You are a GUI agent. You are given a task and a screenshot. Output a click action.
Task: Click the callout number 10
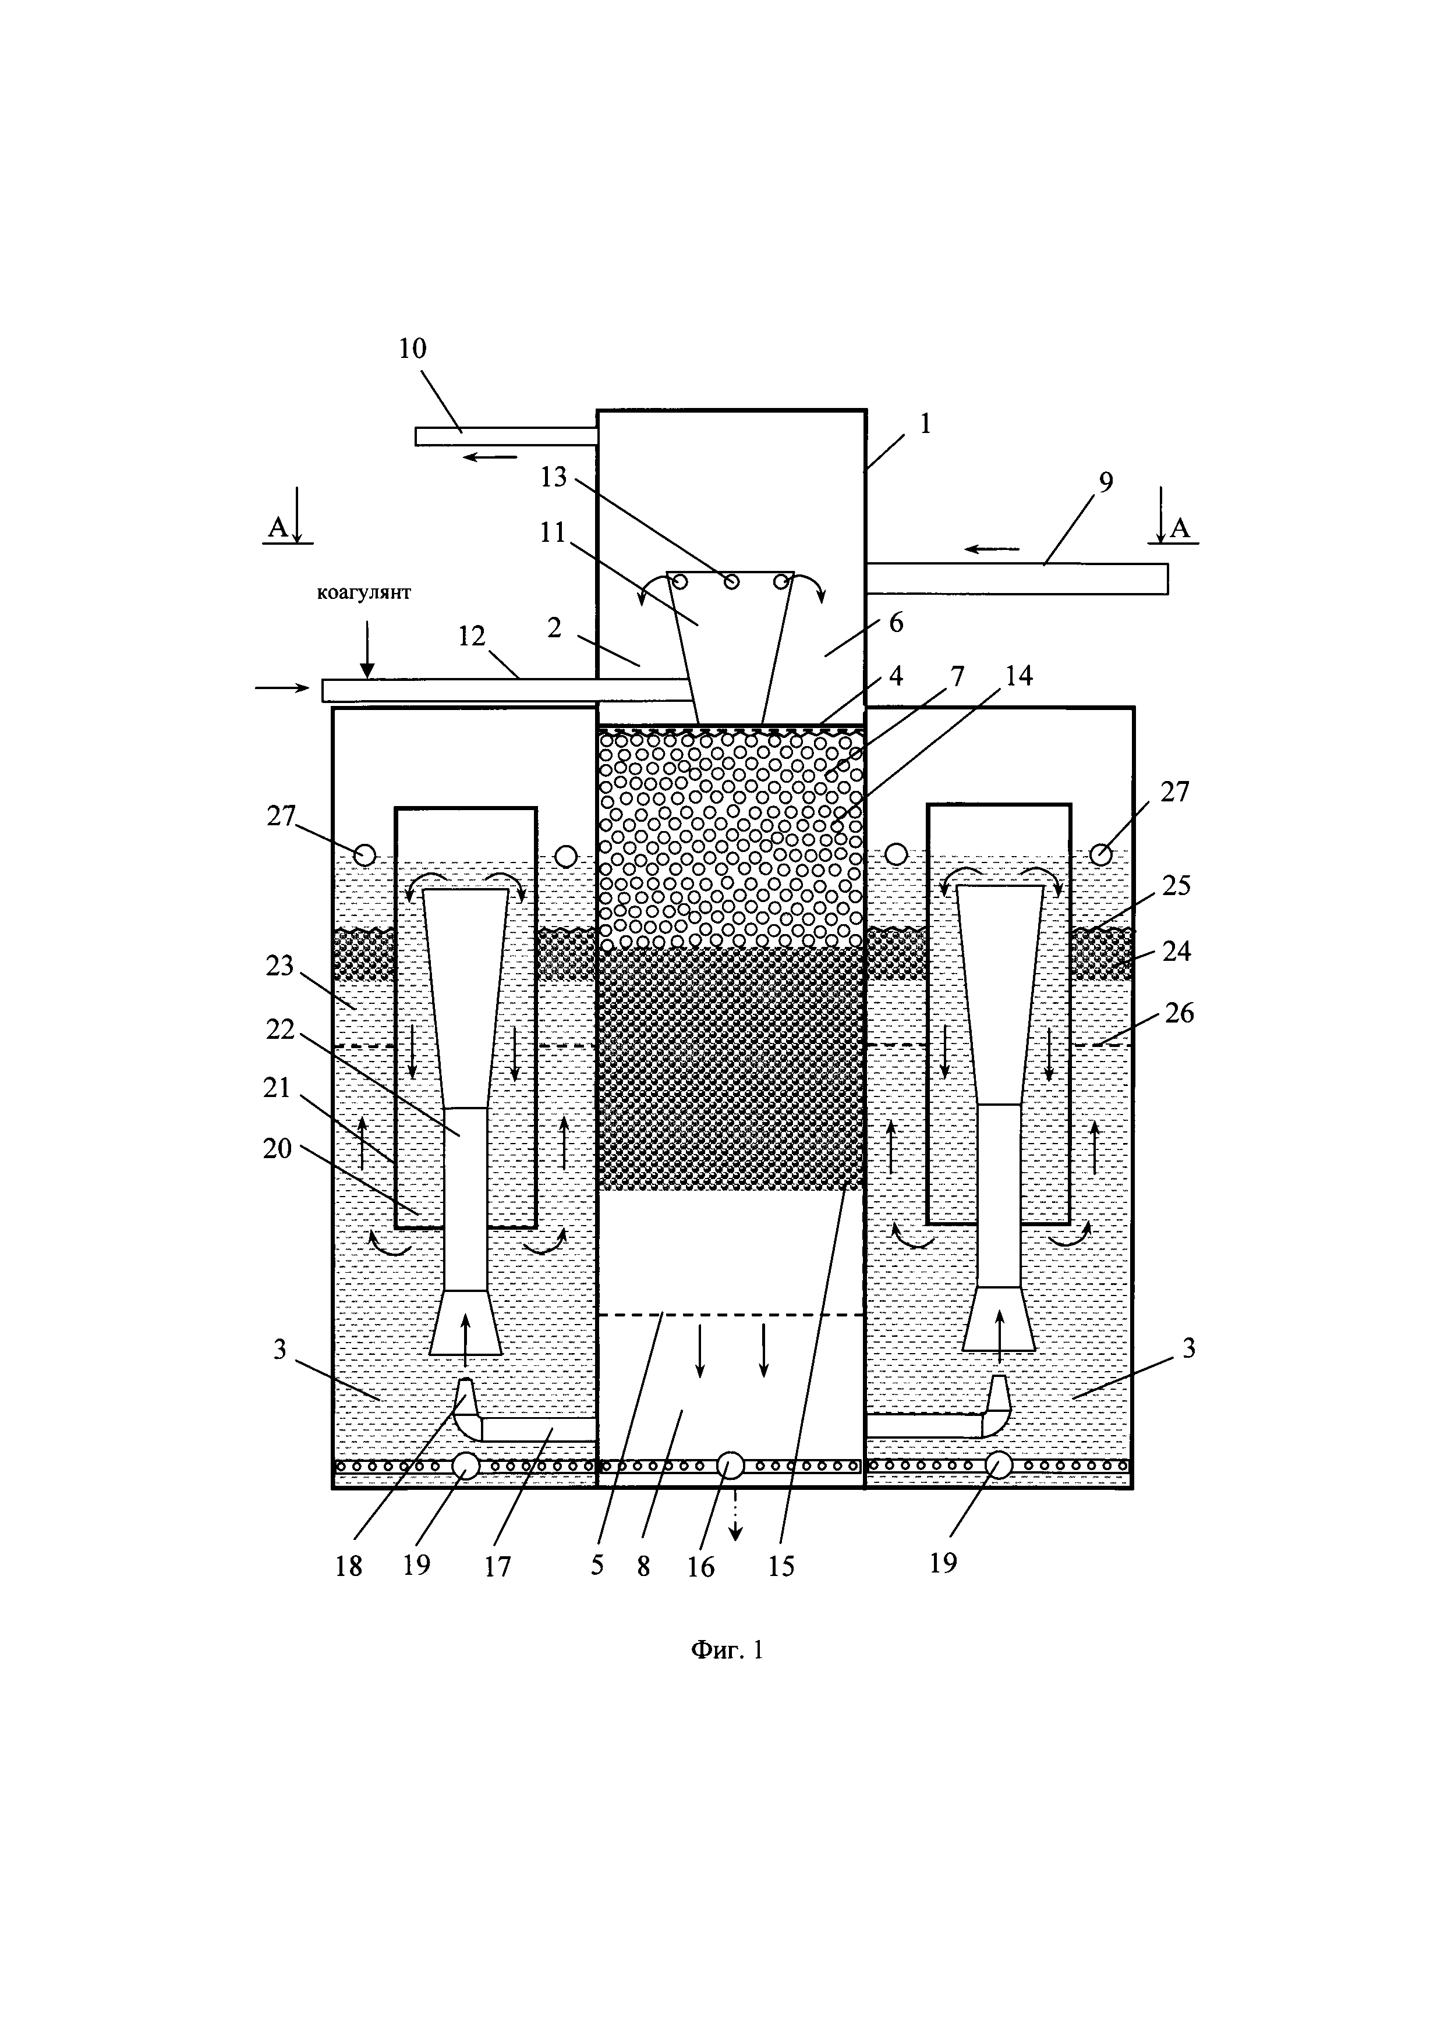click(413, 349)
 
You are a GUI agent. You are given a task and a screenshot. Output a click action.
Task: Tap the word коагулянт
click(364, 593)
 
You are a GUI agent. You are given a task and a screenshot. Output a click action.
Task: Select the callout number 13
click(553, 477)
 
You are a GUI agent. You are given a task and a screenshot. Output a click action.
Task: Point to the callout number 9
click(1105, 482)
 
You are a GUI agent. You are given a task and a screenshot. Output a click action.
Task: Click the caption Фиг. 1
click(727, 1650)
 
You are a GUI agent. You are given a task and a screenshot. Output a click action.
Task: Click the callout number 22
click(280, 1030)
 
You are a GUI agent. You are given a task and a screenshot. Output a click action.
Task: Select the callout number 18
click(349, 1566)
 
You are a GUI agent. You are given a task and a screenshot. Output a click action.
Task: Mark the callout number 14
click(1018, 676)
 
